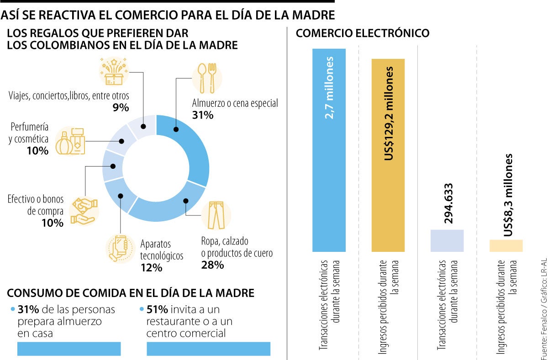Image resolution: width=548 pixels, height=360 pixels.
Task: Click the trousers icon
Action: click(216, 215)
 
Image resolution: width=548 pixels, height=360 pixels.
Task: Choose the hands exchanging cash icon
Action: click(84, 211)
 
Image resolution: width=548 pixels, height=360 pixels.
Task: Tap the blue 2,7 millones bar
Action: click(329, 151)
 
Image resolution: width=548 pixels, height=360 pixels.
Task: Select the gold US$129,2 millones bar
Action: click(388, 155)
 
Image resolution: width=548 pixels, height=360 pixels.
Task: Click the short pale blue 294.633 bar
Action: click(447, 240)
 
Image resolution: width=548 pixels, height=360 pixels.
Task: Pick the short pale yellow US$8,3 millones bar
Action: click(506, 245)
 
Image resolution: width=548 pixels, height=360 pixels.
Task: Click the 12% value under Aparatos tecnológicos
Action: click(151, 267)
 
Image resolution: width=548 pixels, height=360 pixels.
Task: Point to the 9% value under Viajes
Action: click(121, 108)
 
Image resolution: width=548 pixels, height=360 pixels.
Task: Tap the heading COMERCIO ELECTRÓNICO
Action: click(363, 33)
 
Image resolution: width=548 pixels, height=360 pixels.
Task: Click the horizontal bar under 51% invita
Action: click(208, 349)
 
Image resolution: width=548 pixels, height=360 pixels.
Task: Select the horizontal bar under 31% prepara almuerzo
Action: click(69, 349)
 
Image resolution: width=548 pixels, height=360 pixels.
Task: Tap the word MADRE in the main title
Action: click(314, 15)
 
